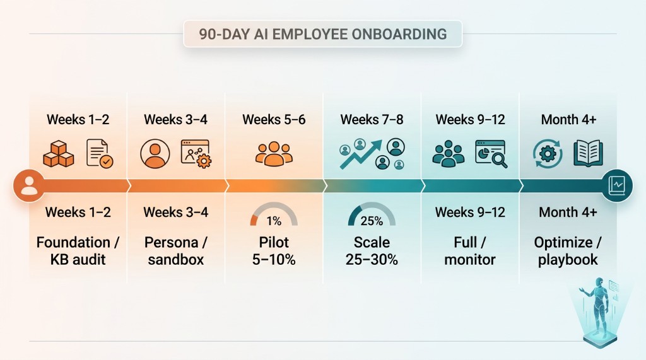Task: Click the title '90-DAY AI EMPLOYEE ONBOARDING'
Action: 322,34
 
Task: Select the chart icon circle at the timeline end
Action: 616,186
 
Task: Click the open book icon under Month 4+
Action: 587,153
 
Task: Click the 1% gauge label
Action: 274,221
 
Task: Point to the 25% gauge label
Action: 372,221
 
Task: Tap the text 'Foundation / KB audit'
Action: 78,250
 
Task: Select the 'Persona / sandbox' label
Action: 175,250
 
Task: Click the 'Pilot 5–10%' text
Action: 274,250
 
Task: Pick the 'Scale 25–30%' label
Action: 372,250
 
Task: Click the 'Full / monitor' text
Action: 470,250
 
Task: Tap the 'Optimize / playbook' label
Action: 568,250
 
